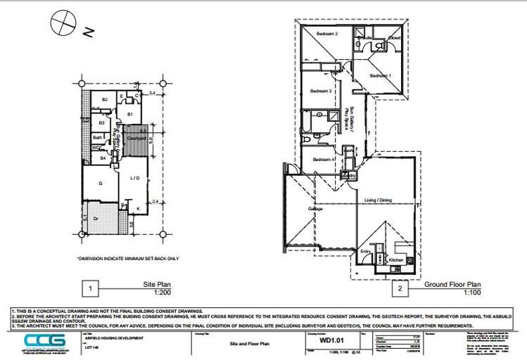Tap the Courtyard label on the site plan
tap(136, 139)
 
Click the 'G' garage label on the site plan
tap(101, 184)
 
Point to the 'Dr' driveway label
tap(96, 219)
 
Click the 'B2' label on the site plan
tap(105, 100)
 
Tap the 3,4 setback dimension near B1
tap(153, 93)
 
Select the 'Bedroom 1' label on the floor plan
tap(381, 75)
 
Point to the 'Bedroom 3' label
tap(321, 91)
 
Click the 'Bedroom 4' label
tap(323, 160)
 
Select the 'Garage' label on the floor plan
tap(316, 209)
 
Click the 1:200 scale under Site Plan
tap(163, 291)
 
